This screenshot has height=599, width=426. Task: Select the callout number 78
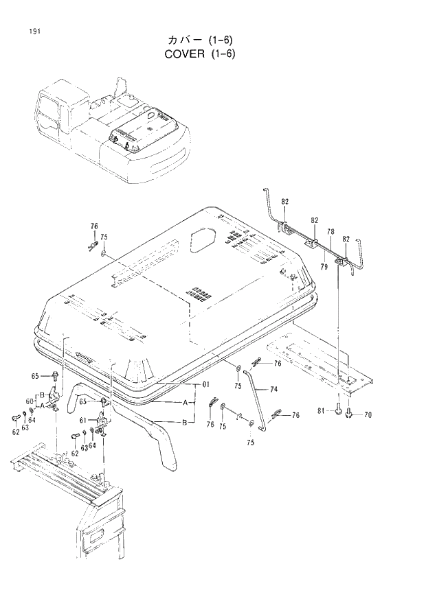tap(330, 233)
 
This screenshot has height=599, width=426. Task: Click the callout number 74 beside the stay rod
tap(273, 389)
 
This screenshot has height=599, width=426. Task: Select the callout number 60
tap(30, 401)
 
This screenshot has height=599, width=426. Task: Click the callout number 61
tap(82, 421)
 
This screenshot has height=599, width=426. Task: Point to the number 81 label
tap(322, 410)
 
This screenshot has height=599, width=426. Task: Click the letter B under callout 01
tap(184, 423)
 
